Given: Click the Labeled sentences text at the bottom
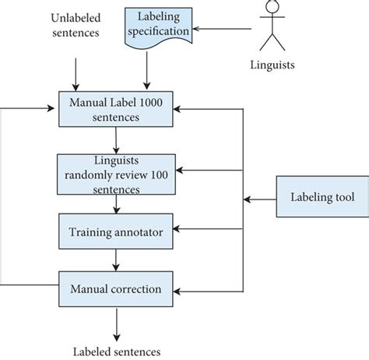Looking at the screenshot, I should [x=117, y=350].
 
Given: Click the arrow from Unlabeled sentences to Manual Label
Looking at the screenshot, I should [x=75, y=75].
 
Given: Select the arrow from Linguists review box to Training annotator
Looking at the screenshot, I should [x=116, y=203].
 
